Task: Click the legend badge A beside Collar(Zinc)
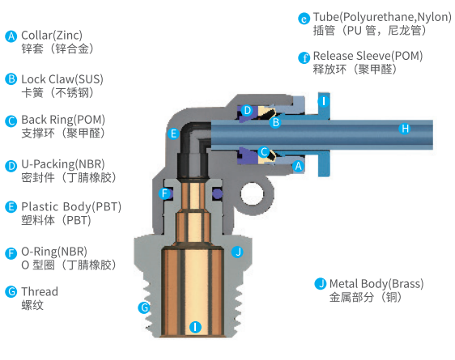pos(11,36)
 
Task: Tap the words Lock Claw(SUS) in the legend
pos(62,79)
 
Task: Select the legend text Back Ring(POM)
pos(63,120)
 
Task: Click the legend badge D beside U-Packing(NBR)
pos(11,166)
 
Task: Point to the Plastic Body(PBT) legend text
pos(71,206)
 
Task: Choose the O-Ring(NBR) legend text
pos(54,252)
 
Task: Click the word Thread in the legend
pos(40,291)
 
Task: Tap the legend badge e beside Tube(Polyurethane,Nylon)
pos(304,19)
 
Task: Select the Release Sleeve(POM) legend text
pos(368,56)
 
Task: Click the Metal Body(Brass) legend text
pos(376,283)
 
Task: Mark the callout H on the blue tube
pos(405,129)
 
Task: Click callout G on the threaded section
pos(144,307)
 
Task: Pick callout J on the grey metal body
pos(237,252)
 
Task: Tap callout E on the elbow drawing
pos(173,133)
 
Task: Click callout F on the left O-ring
pos(164,193)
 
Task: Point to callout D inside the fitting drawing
pos(247,111)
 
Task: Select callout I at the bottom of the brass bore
pos(195,327)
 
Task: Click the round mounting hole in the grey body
pos(252,194)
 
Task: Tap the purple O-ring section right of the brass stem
pos(217,193)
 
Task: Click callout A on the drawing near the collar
pos(298,167)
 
